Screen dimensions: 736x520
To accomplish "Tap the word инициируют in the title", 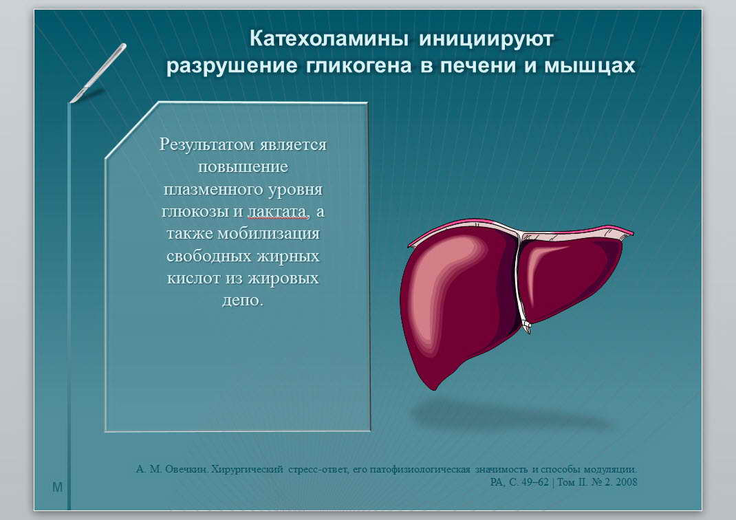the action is (x=486, y=39).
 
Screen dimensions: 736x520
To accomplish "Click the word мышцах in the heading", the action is (x=589, y=66).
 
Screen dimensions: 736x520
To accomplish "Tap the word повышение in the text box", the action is (x=243, y=166).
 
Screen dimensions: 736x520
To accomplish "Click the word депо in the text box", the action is (x=239, y=301).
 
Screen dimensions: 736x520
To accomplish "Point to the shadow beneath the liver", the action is (x=512, y=415).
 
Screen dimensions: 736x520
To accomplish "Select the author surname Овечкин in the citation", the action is (x=186, y=469).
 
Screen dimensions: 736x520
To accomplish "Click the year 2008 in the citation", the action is (x=627, y=482).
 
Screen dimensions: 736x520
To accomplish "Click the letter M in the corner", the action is (x=57, y=487).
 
